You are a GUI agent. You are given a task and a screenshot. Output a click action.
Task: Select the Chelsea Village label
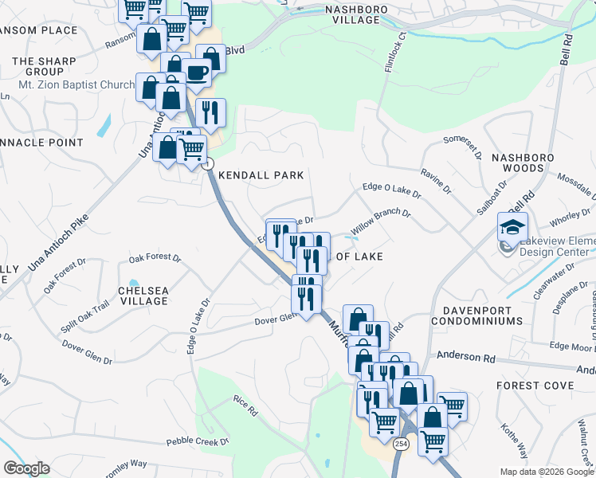pyautogui.click(x=144, y=296)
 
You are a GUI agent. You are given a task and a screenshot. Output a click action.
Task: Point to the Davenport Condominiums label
pyautogui.click(x=477, y=315)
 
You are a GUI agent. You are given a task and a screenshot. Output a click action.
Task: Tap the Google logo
pyautogui.click(x=26, y=468)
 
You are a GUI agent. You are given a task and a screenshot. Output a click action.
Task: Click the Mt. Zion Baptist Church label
pyautogui.click(x=76, y=84)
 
